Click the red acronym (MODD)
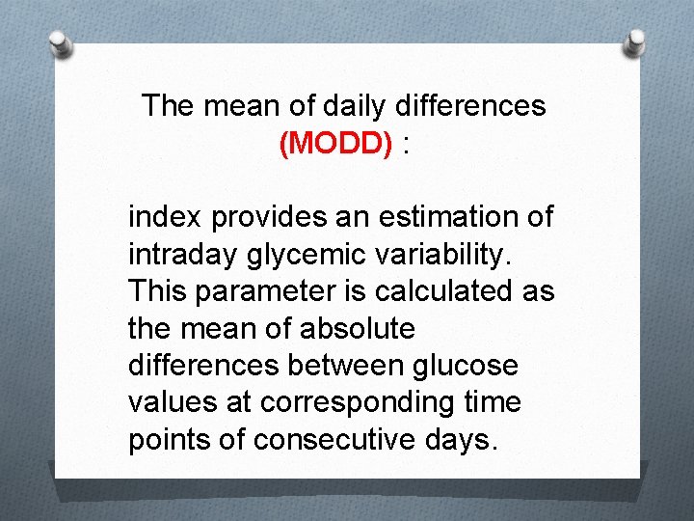pyautogui.click(x=335, y=144)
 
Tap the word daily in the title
pyautogui.click(x=322, y=105)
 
